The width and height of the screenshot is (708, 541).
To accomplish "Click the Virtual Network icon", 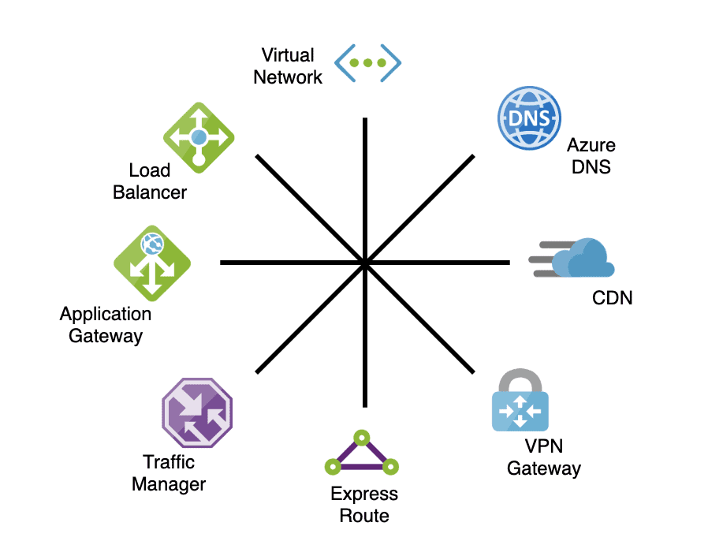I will tap(368, 62).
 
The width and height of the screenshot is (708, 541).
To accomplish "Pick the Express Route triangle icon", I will tap(360, 455).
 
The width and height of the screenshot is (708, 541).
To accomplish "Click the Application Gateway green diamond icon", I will tap(152, 263).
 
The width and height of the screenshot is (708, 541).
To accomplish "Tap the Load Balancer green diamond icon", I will tap(199, 137).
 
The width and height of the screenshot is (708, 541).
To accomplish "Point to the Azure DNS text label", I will tap(591, 156).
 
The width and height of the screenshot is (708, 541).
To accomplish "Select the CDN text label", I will tap(612, 297).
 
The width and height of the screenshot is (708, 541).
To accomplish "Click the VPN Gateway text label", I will tap(543, 457).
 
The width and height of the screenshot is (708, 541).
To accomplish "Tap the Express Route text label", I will tap(364, 506).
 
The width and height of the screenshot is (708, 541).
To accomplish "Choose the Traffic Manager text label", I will tap(169, 473).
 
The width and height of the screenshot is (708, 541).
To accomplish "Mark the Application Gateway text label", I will tap(106, 325).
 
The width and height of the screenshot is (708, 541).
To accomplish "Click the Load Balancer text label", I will tap(150, 181).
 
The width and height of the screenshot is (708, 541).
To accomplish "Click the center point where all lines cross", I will tap(365, 262).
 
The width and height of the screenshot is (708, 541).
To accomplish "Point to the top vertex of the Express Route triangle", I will tap(361, 436).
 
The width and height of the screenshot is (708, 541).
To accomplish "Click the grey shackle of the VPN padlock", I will tap(520, 379).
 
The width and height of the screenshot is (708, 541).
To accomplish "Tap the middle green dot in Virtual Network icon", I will tap(368, 62).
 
